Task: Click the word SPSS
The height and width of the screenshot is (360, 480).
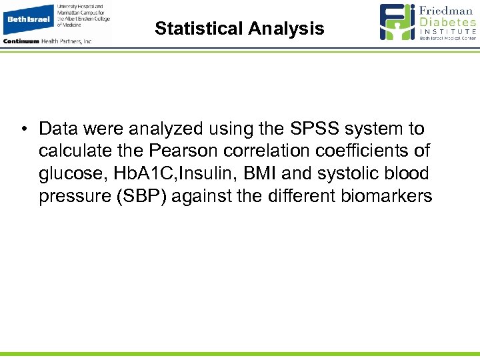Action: (313, 128)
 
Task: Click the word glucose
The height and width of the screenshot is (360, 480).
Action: (71, 174)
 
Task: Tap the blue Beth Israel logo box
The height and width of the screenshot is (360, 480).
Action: (28, 19)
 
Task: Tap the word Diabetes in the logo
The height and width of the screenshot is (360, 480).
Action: (448, 22)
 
